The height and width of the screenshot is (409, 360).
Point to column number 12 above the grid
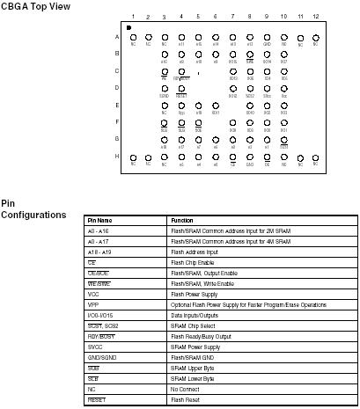[x=315, y=18]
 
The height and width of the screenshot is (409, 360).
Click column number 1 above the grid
[x=133, y=18]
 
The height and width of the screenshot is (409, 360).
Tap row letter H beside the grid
[x=116, y=156]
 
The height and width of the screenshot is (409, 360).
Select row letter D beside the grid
[x=116, y=88]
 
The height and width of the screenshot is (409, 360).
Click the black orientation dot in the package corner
[x=129, y=28]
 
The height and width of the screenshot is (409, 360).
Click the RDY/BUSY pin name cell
[x=101, y=336]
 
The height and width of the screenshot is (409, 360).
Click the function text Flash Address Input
[x=195, y=252]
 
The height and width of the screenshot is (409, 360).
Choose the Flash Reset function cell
[x=185, y=399]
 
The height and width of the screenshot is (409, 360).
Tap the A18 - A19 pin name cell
[x=98, y=252]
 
